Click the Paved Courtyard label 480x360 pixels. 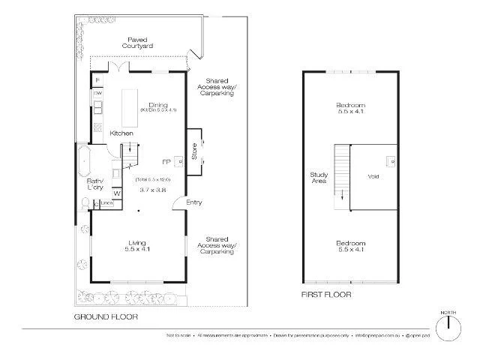[139, 42]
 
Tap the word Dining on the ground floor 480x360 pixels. [157, 104]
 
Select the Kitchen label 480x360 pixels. [121, 133]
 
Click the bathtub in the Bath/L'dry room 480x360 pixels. [83, 161]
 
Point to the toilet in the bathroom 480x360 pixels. [85, 203]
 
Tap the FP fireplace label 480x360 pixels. [166, 161]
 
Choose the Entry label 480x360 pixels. [194, 202]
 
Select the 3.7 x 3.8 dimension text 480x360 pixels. [152, 190]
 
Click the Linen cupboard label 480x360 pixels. [106, 202]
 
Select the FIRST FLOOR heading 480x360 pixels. [325, 295]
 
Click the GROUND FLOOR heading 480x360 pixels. [106, 317]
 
